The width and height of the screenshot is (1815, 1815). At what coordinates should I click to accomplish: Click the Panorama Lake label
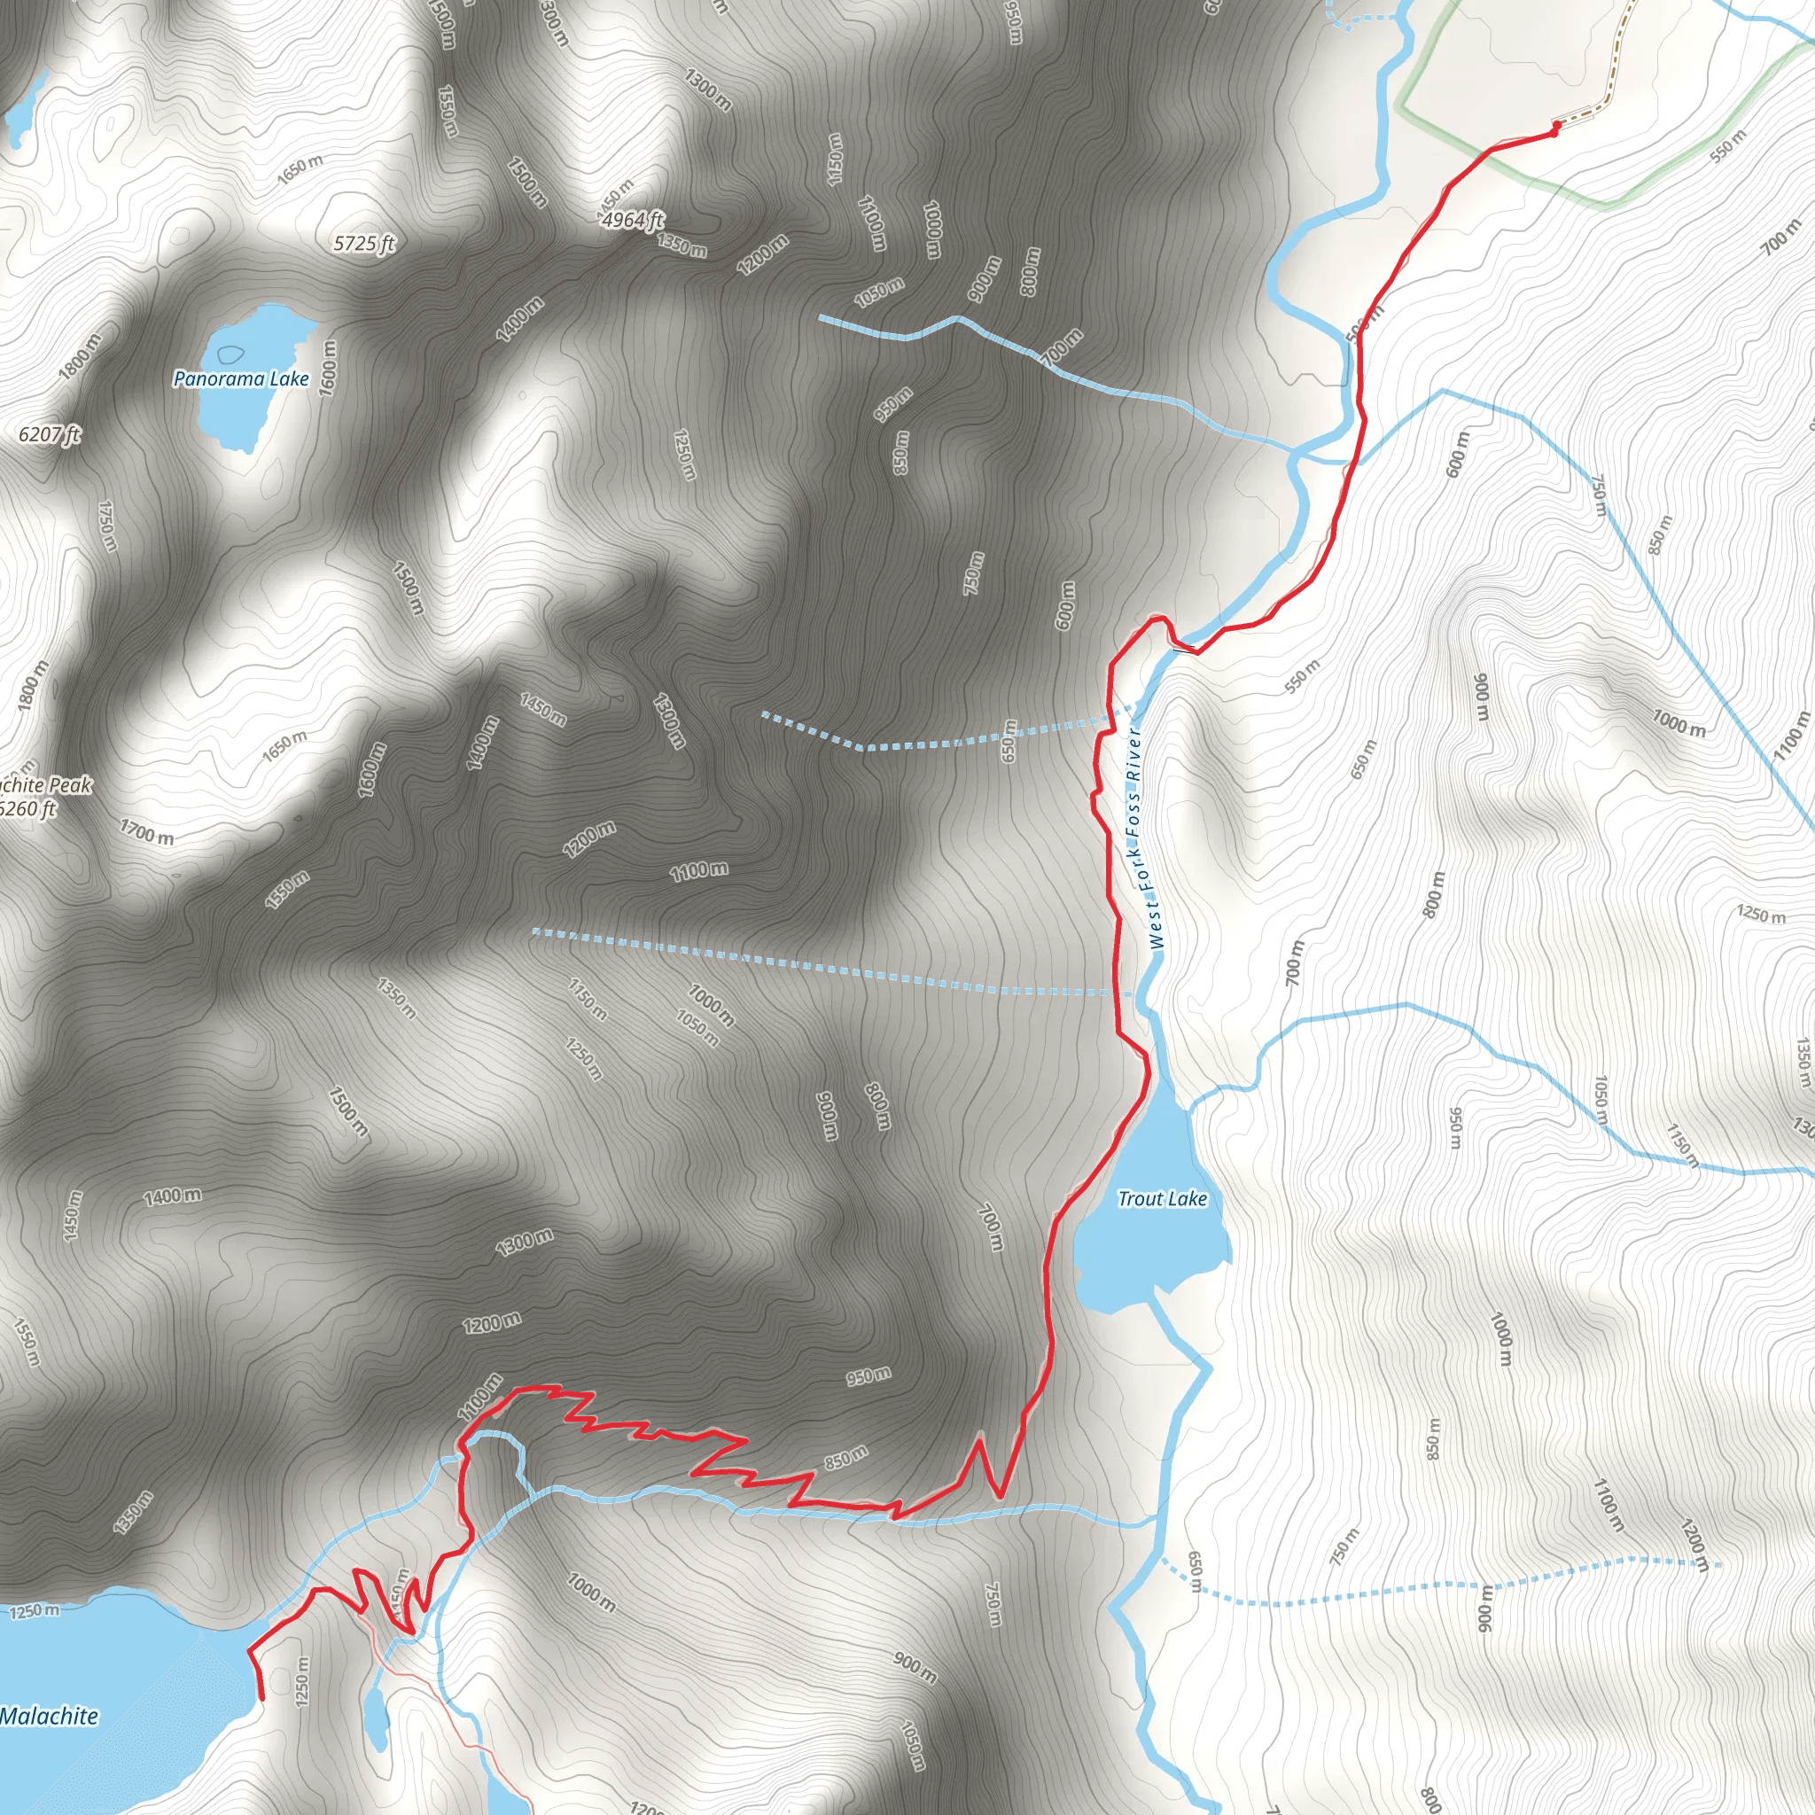[240, 378]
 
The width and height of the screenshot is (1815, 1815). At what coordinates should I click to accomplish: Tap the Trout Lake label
[1162, 1199]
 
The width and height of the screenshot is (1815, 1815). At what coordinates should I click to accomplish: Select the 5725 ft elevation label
[364, 245]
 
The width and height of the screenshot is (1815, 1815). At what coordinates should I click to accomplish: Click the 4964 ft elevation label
[632, 220]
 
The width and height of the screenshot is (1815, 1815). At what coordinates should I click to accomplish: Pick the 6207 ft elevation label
[50, 434]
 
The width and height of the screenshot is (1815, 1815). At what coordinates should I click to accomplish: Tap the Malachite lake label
[49, 1717]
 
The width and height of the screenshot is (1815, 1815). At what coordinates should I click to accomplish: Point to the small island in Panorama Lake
[230, 355]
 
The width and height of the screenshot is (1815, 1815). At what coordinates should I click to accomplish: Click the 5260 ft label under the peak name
[28, 809]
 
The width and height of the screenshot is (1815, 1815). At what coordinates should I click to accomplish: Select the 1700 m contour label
[146, 831]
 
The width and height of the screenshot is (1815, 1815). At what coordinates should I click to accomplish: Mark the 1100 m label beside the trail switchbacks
[480, 1397]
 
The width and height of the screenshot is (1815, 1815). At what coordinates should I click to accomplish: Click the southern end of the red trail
[262, 1699]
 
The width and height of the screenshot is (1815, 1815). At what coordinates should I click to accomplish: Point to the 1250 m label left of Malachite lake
[35, 1611]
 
